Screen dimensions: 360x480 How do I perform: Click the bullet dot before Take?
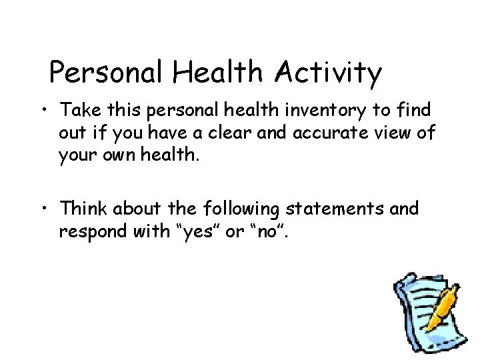tap(44, 110)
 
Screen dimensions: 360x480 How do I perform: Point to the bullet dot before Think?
tap(44, 209)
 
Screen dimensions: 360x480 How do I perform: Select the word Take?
tap(81, 109)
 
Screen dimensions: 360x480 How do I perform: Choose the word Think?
tap(85, 209)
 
